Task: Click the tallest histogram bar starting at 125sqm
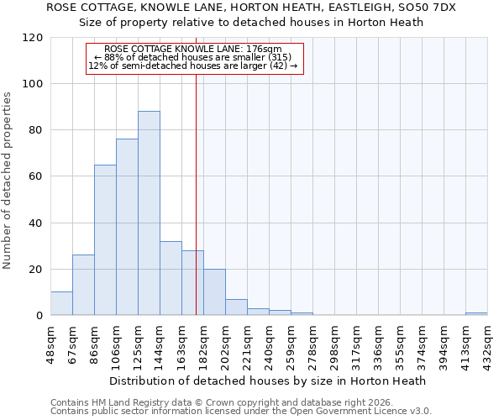(149, 213)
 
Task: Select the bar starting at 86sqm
(105, 240)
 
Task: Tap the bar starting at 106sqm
(127, 227)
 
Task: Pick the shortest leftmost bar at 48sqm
(61, 304)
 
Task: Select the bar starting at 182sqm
(214, 292)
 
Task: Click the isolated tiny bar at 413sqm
(476, 314)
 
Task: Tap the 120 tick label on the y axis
(34, 38)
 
